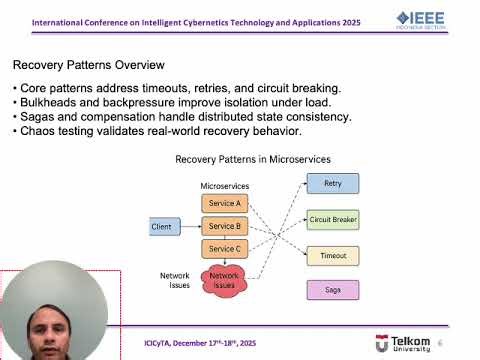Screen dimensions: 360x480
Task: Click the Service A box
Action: point(224,203)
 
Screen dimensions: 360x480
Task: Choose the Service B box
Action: point(224,226)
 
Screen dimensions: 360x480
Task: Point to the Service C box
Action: point(224,249)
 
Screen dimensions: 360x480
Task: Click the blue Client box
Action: point(162,227)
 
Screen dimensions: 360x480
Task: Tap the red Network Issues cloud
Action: point(224,281)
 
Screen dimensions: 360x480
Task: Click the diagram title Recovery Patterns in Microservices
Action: point(253,159)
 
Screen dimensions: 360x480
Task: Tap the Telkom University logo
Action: point(404,343)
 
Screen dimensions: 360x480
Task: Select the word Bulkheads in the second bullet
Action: point(49,102)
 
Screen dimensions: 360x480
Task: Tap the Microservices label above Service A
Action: point(225,187)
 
